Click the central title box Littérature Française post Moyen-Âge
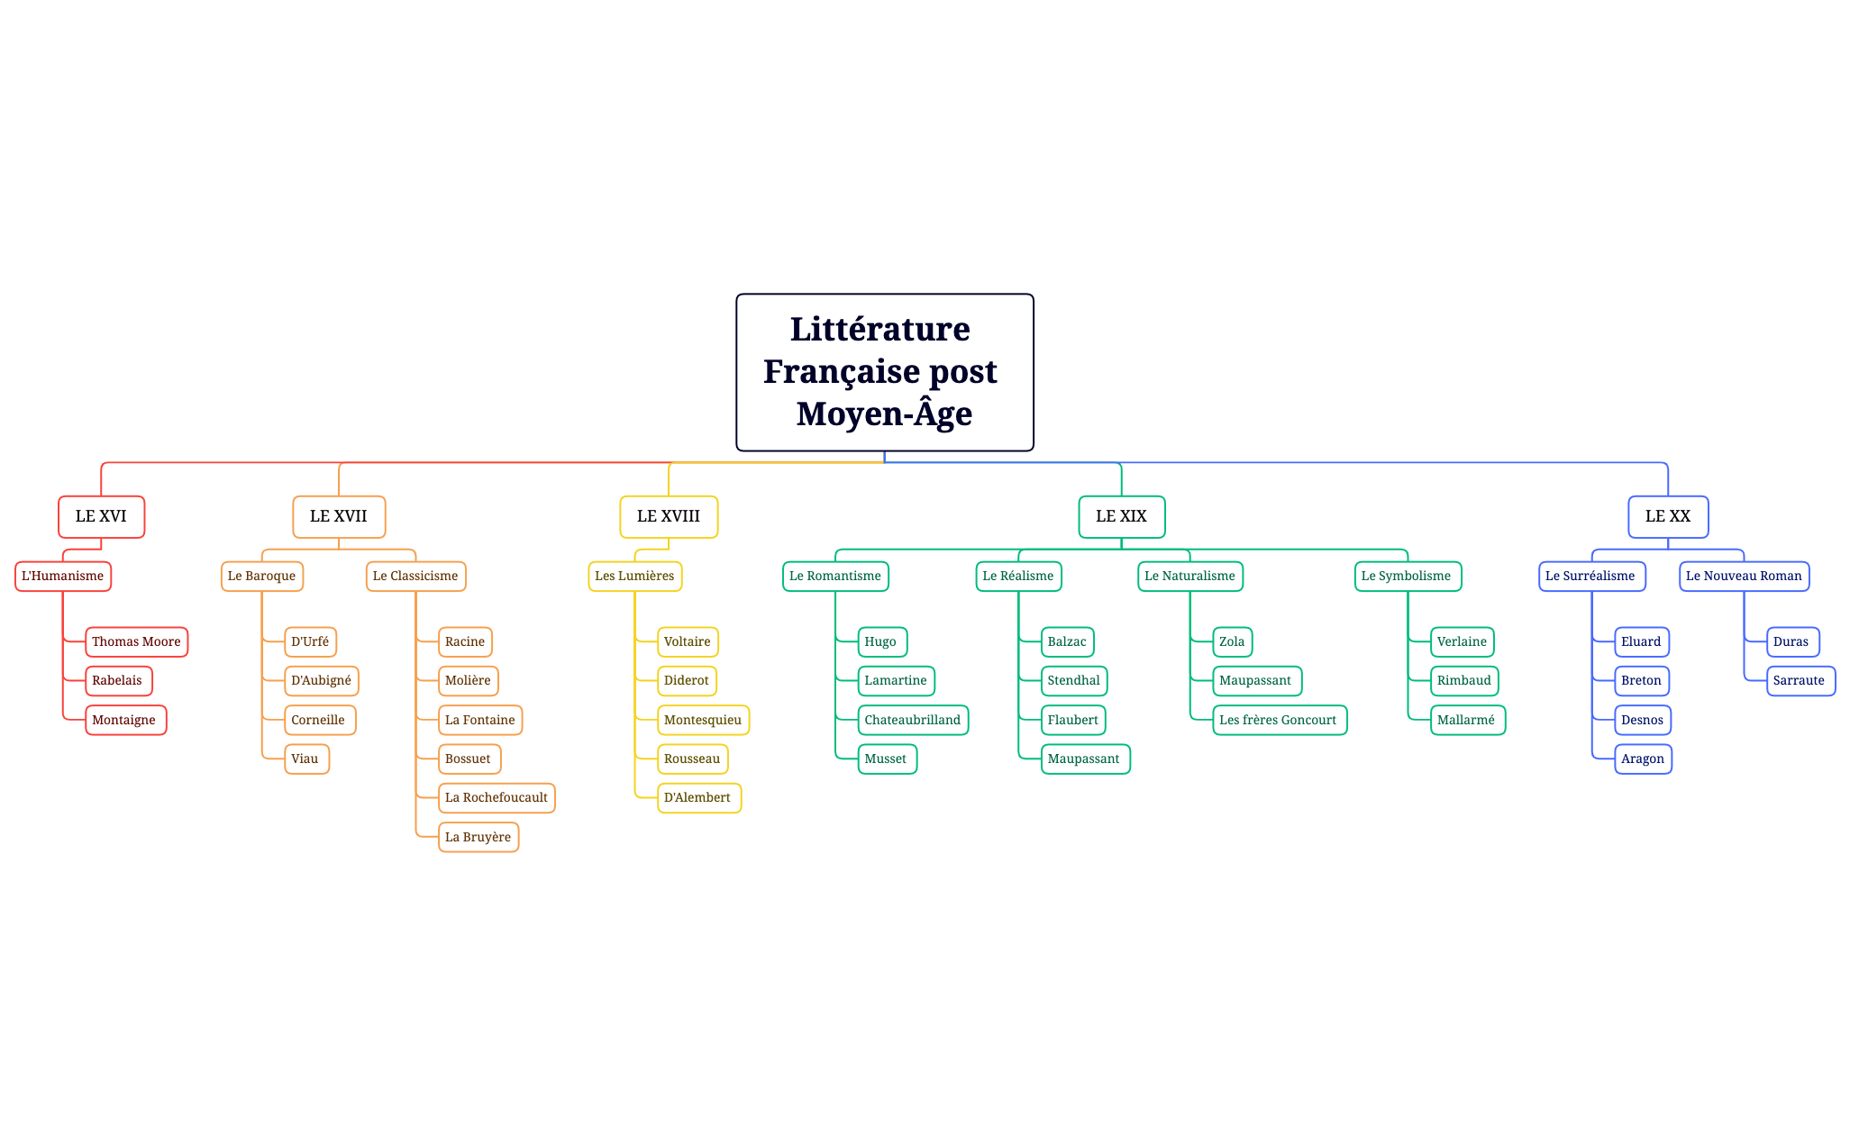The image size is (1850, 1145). click(x=884, y=371)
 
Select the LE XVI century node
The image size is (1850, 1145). click(x=101, y=516)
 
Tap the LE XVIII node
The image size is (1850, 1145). click(x=669, y=516)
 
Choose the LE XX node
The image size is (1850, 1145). click(x=1667, y=516)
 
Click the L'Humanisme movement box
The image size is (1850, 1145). click(x=63, y=576)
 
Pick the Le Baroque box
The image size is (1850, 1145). click(x=261, y=576)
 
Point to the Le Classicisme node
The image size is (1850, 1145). click(x=415, y=576)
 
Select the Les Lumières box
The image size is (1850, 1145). click(x=634, y=576)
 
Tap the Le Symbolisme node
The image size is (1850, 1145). click(x=1407, y=576)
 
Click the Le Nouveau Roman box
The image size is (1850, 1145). click(x=1744, y=576)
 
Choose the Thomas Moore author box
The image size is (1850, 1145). click(x=136, y=641)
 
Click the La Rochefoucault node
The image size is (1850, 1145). click(x=497, y=797)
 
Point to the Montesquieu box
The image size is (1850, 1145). click(x=703, y=720)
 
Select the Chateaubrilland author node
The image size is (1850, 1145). click(x=912, y=720)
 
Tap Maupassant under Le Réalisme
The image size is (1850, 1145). click(x=1084, y=759)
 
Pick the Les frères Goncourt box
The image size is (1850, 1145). click(x=1279, y=720)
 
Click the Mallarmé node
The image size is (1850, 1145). click(x=1466, y=720)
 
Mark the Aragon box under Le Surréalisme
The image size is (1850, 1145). click(x=1643, y=759)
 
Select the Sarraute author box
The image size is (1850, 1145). click(x=1800, y=680)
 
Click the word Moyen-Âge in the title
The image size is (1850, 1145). click(x=884, y=413)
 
